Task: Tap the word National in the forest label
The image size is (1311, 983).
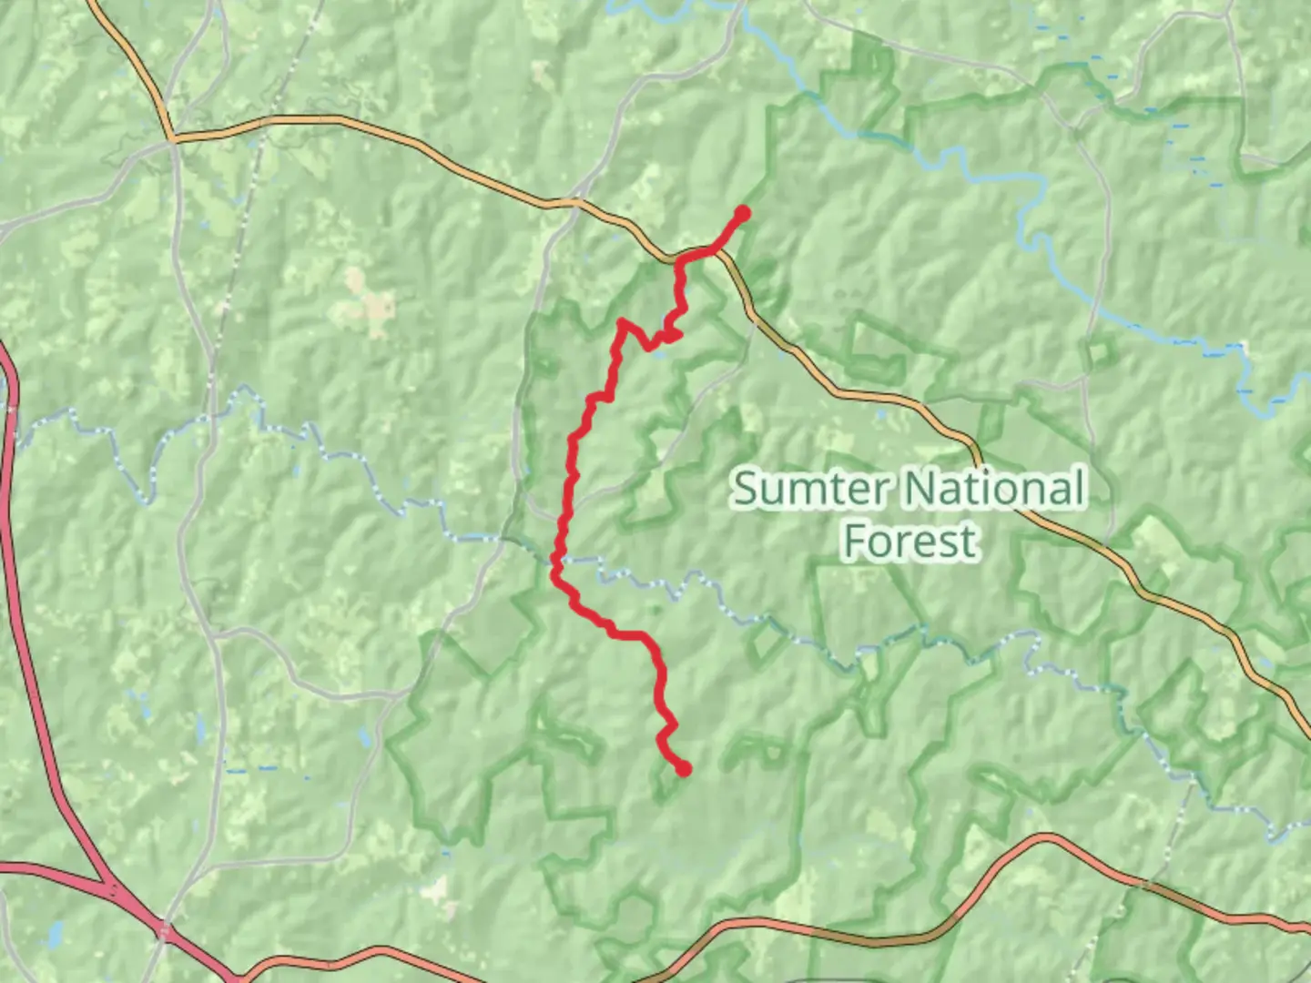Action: [x=995, y=489]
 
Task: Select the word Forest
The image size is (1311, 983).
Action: [x=910, y=541]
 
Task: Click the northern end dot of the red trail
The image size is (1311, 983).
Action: [x=742, y=214]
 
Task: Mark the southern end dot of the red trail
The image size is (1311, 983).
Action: [x=683, y=769]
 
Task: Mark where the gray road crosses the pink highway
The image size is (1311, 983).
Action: [x=165, y=930]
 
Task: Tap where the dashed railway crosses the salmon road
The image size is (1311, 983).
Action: [x=1149, y=883]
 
